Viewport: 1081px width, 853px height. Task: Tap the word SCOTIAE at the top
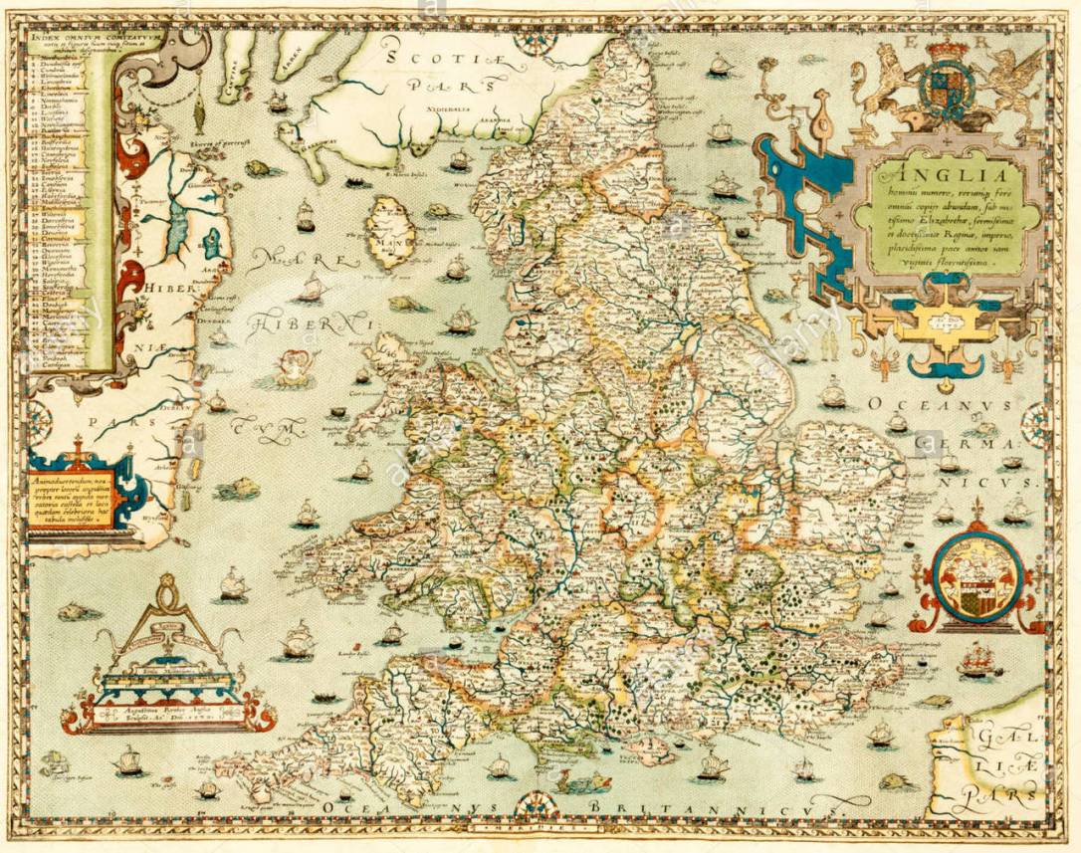tap(440, 58)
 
